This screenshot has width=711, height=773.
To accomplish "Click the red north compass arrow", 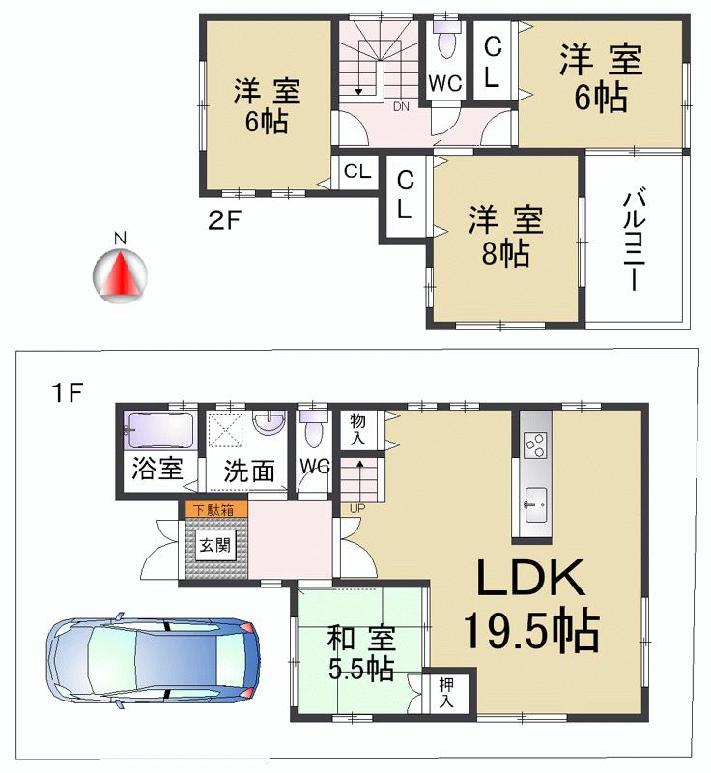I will point(121,272).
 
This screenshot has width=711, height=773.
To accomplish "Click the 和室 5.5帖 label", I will point(358,652).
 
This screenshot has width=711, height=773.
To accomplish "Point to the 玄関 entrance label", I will point(214,545).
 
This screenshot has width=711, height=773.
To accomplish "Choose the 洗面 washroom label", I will point(250,471).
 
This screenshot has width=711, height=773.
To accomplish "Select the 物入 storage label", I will point(358,430).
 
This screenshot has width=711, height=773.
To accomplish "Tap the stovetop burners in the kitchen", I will point(534,444).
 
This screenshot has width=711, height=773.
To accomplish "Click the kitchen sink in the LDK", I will point(533,501).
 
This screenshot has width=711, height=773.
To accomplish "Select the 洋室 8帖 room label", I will point(506,236).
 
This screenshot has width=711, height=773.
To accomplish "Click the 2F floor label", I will point(225,220).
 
